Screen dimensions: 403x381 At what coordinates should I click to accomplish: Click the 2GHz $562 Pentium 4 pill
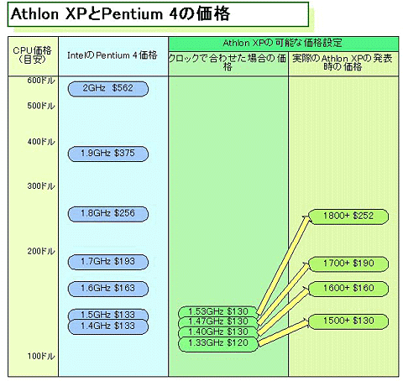[108, 89]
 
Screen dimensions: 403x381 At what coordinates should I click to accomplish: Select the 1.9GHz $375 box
[108, 154]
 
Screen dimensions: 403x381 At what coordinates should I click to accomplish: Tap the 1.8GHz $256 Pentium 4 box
[108, 214]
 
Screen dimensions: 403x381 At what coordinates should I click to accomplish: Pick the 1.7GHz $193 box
[108, 262]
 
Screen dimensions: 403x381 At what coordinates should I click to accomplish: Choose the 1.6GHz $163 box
[108, 289]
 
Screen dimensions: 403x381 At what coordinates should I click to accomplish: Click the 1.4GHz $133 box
[108, 327]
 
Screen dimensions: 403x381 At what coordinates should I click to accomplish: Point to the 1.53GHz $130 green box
[218, 311]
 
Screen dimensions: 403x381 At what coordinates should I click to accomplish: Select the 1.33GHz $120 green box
[218, 344]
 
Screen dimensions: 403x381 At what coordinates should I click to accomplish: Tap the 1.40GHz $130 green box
[218, 332]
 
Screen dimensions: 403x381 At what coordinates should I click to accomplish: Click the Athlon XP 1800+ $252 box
[348, 217]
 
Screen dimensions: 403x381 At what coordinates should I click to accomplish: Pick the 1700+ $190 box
[348, 264]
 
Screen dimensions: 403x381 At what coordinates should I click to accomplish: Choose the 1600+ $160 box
[348, 289]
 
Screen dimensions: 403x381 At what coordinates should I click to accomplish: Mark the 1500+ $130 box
[348, 321]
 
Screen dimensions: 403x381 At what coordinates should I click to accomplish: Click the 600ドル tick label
[41, 81]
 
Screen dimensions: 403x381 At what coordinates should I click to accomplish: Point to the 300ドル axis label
[41, 186]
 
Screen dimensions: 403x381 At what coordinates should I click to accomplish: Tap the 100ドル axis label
[41, 357]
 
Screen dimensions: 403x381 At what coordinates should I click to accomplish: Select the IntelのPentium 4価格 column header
[113, 55]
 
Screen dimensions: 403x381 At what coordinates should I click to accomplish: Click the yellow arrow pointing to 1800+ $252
[284, 264]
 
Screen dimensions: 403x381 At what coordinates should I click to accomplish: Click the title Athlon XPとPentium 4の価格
[120, 14]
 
